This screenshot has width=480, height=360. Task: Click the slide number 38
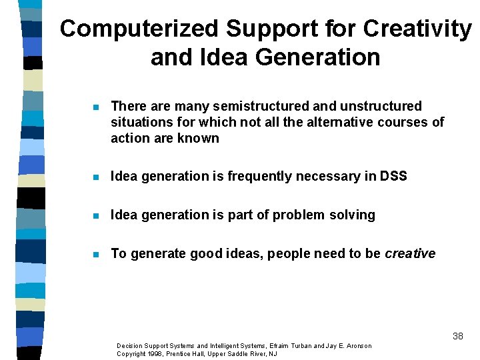tap(457, 336)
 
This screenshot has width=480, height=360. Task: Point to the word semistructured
tap(251, 107)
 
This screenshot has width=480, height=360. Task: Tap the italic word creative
tap(410, 254)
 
